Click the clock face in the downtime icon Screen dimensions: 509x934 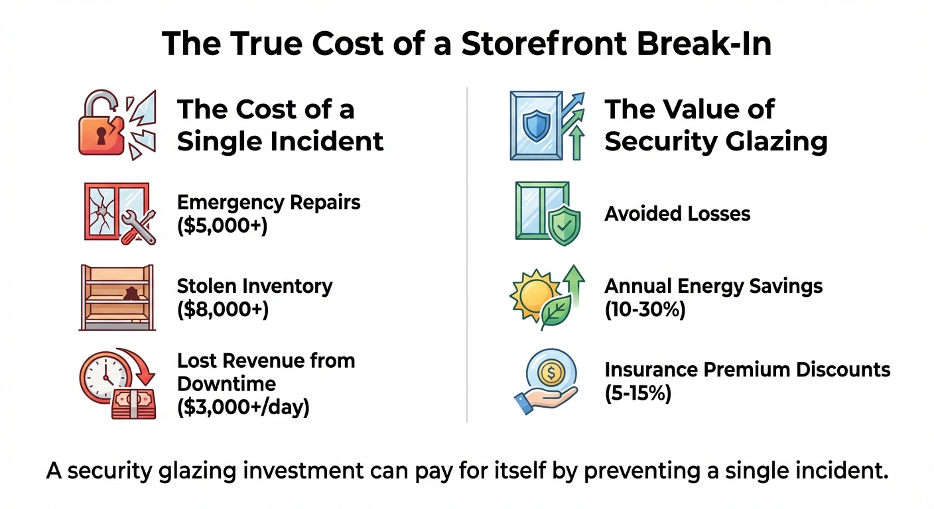pyautogui.click(x=103, y=377)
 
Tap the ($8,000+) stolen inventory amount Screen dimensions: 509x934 pyautogui.click(x=223, y=309)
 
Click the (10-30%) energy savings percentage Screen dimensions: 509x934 pyautogui.click(x=645, y=309)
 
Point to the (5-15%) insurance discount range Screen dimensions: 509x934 pyautogui.click(x=638, y=394)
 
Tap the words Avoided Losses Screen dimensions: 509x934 pyautogui.click(x=677, y=213)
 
